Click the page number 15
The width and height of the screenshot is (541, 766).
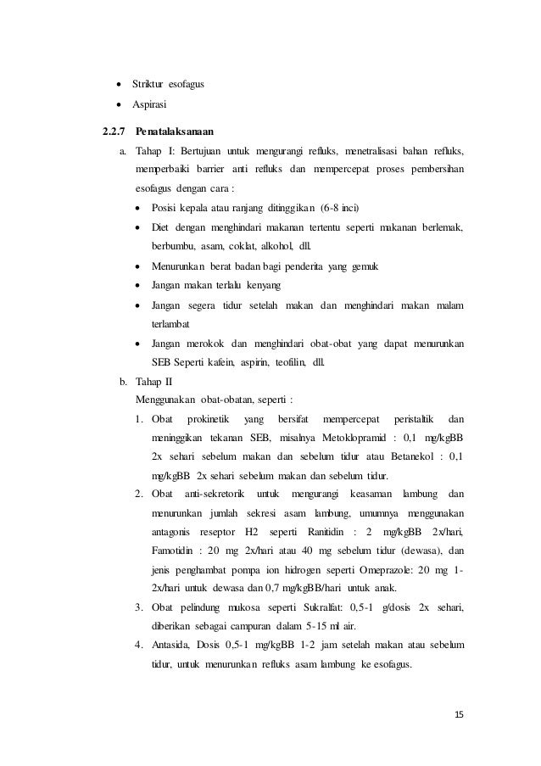460,714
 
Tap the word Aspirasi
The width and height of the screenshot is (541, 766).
148,104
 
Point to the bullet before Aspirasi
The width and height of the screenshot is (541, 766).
116,104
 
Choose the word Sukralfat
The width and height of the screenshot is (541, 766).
323,608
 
